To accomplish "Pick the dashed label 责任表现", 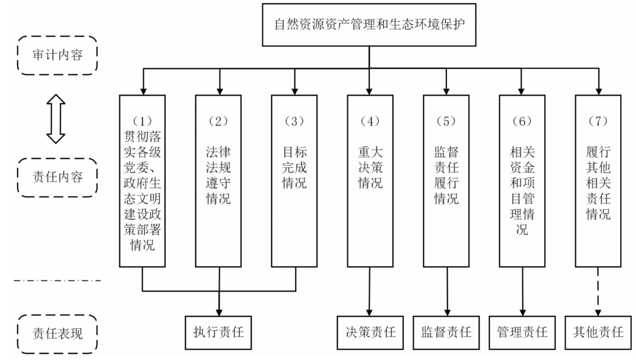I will click(57, 333).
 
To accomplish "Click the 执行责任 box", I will click(219, 332).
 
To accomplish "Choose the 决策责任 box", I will click(370, 332).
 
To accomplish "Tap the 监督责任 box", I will click(446, 332).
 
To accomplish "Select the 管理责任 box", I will click(522, 332).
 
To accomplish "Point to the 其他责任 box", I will click(598, 332).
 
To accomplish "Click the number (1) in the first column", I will click(143, 121).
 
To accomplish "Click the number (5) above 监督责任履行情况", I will click(446, 121).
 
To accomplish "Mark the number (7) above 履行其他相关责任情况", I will click(598, 121).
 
